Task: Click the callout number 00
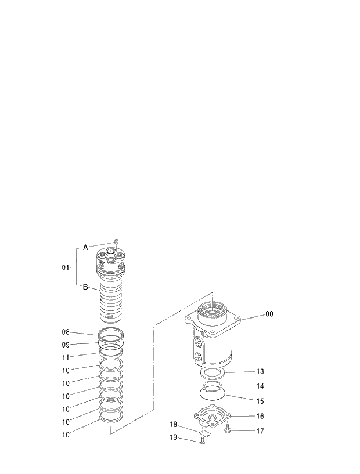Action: coord(269,314)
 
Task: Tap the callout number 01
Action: coord(66,267)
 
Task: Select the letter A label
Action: coord(85,248)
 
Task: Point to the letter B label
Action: coord(85,287)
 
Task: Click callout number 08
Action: coord(66,332)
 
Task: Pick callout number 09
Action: coord(66,345)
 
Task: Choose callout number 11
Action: coord(66,357)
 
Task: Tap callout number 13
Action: coord(260,371)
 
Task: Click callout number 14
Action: coord(260,386)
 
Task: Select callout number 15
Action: coord(260,401)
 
